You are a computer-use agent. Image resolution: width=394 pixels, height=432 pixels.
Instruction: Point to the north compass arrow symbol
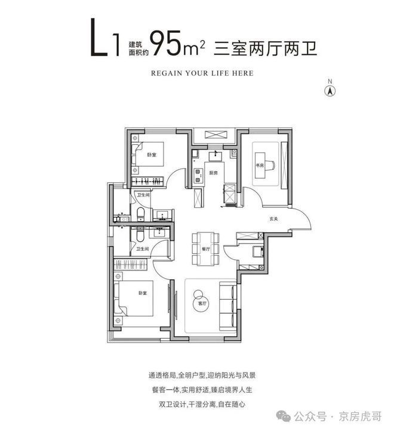pyautogui.click(x=328, y=91)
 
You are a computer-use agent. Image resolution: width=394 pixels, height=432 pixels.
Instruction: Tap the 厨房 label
pyautogui.click(x=213, y=173)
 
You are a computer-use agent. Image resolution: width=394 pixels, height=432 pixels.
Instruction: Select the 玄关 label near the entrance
pyautogui.click(x=272, y=218)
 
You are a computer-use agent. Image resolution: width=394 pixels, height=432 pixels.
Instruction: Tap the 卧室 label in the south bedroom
pyautogui.click(x=142, y=293)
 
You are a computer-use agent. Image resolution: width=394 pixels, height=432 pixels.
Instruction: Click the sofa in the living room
pyautogui.click(x=228, y=302)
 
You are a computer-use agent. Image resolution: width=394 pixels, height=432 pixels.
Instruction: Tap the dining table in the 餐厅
pyautogui.click(x=205, y=243)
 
